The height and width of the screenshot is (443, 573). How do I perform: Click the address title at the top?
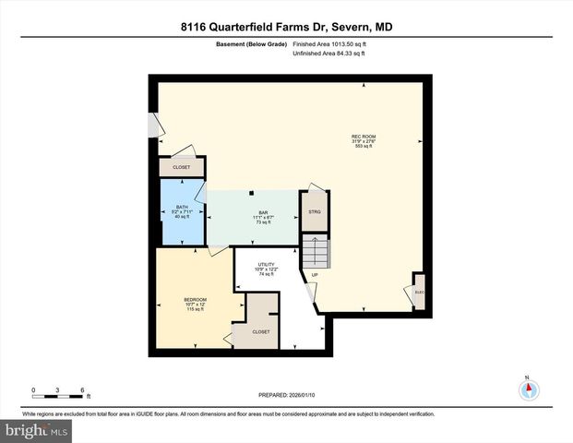click(286, 27)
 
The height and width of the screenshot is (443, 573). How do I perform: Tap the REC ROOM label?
click(363, 141)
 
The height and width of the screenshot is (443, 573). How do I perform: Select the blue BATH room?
click(182, 211)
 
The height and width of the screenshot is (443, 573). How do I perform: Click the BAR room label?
click(262, 218)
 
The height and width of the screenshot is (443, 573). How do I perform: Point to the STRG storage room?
click(314, 211)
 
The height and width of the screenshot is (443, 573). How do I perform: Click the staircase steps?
click(316, 250)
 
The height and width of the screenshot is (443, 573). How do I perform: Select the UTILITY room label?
click(266, 269)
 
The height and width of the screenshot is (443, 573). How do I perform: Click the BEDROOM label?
click(195, 304)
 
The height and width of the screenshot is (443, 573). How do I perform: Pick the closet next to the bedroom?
click(261, 330)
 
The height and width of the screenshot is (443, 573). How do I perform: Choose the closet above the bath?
click(181, 167)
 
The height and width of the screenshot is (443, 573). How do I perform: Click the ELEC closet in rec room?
click(419, 293)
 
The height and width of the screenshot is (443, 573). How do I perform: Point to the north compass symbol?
click(528, 389)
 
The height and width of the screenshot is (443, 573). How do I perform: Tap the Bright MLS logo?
click(37, 430)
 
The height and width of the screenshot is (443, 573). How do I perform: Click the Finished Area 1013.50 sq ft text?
click(329, 44)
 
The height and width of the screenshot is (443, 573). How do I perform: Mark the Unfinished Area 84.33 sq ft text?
click(329, 54)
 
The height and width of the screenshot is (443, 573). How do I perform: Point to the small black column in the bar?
click(252, 193)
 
